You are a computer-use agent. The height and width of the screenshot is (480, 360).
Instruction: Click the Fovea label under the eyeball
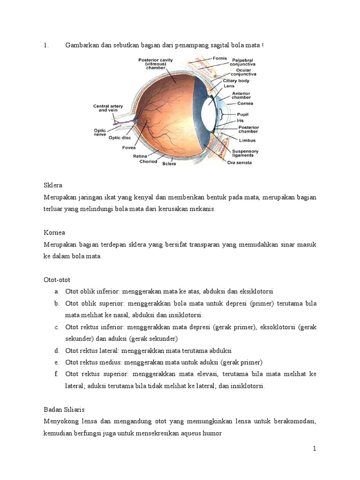tap(129, 147)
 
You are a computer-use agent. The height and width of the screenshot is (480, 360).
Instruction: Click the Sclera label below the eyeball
tap(170, 165)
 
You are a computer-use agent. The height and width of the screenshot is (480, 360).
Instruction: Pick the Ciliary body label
tap(236, 81)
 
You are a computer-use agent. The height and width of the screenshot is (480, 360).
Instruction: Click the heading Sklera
tap(52, 185)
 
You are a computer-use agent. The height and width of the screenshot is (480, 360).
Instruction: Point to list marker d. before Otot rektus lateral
tap(56, 351)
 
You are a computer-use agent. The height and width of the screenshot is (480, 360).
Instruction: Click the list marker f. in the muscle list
tap(56, 374)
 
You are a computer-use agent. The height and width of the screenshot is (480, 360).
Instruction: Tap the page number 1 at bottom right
tap(315, 449)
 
